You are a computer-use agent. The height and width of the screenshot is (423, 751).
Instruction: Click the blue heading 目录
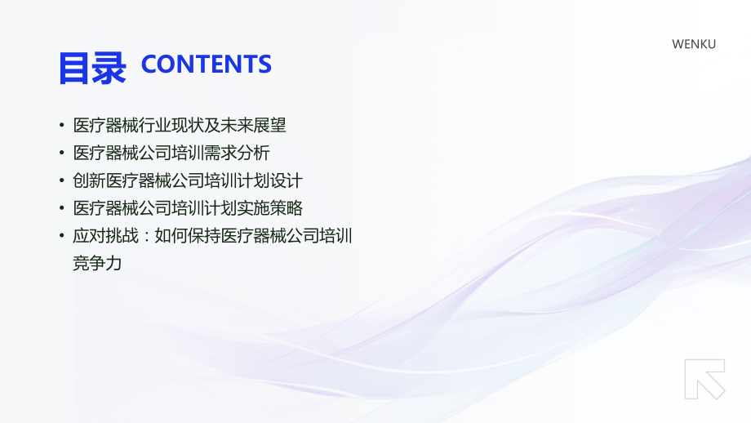(x=91, y=69)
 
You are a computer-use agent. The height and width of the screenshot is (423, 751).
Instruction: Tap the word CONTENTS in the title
(x=206, y=65)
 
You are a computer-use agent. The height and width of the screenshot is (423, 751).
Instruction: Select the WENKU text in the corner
(x=693, y=44)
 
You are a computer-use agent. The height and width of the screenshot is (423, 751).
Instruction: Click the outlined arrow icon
(x=704, y=380)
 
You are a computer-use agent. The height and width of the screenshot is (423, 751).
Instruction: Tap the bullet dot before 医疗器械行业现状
(x=61, y=127)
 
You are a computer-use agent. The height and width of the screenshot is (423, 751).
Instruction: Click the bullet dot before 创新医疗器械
(x=61, y=181)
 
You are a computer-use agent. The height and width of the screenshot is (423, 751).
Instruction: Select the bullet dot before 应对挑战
(x=61, y=237)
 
